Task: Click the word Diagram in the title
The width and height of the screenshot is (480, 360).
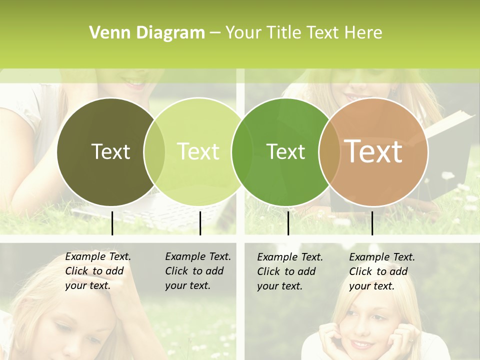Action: click(170, 33)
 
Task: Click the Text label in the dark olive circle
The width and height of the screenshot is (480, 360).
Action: click(110, 151)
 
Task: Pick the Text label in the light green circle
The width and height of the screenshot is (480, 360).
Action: click(198, 151)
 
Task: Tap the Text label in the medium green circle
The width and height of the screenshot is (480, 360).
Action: click(285, 151)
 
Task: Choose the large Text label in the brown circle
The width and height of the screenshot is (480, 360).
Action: click(373, 151)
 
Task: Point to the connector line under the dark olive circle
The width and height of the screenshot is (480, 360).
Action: click(112, 223)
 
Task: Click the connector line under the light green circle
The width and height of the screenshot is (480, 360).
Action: click(200, 223)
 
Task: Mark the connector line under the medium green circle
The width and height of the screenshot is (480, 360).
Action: click(288, 223)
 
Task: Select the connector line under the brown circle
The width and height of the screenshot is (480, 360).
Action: click(372, 223)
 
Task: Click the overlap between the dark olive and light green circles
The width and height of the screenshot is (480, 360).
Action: click(154, 151)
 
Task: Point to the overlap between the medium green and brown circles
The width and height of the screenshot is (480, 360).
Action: click(329, 151)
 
